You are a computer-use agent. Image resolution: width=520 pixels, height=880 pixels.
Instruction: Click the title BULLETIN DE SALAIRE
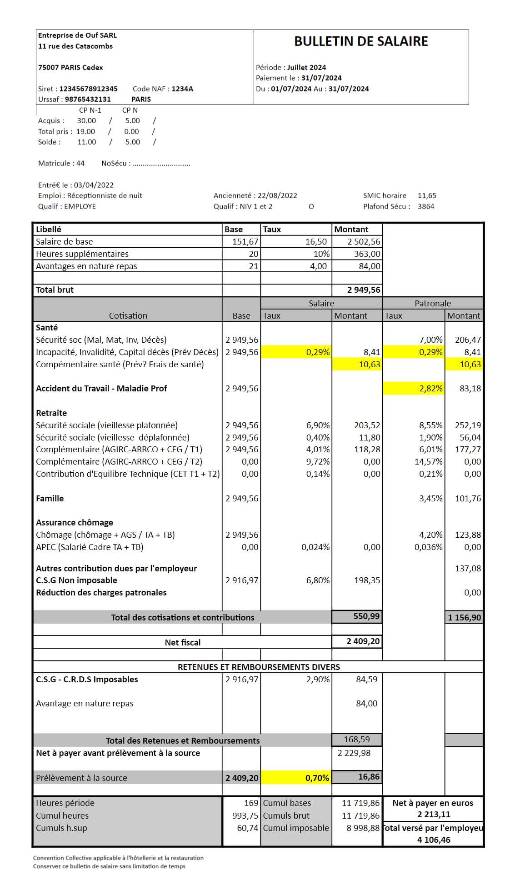click(361, 41)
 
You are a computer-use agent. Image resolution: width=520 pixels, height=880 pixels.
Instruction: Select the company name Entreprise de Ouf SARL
click(77, 35)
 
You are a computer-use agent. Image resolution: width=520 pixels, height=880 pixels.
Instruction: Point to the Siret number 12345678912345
click(88, 89)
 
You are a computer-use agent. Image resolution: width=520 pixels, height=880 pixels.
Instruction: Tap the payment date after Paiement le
click(321, 78)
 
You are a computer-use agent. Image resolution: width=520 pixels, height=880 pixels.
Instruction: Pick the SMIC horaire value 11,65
click(427, 195)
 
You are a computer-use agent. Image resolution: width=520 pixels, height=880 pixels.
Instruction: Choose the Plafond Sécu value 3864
click(426, 206)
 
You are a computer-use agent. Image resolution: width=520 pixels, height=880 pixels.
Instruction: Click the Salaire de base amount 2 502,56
click(364, 242)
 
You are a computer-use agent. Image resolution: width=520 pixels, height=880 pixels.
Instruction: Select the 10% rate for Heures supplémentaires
click(321, 254)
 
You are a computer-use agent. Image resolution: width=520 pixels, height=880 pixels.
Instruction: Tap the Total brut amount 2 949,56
click(364, 290)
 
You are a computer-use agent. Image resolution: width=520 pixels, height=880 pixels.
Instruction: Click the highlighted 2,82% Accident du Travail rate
click(430, 389)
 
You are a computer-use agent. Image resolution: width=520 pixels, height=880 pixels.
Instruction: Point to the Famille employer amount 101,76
click(468, 499)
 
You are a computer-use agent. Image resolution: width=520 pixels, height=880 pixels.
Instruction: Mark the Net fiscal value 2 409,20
click(363, 641)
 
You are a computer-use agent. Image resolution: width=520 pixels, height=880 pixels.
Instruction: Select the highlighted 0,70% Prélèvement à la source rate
click(317, 778)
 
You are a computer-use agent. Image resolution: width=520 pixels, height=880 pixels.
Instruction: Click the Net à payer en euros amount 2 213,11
click(434, 815)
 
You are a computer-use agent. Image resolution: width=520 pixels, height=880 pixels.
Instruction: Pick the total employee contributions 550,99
click(366, 616)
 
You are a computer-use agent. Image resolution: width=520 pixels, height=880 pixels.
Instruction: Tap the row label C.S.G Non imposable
click(76, 580)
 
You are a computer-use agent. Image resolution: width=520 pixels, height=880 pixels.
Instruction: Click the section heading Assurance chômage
click(75, 523)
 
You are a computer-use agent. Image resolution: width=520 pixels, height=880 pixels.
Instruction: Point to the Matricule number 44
click(80, 163)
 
